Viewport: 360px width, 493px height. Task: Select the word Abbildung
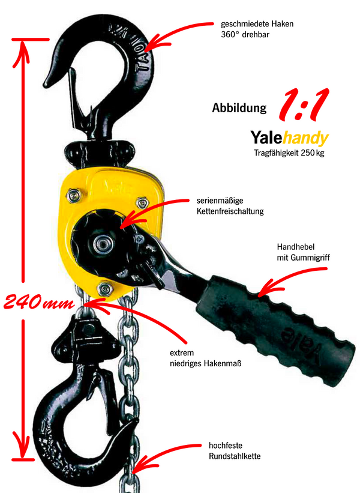pos(239,109)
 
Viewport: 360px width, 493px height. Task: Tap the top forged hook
pos(129,54)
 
